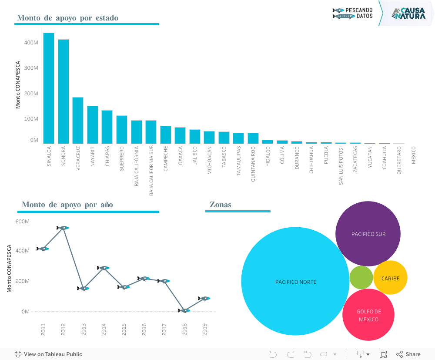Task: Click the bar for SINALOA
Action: coord(49,88)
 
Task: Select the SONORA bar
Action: coord(64,91)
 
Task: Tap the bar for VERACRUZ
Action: coord(78,121)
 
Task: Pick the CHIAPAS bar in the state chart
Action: coord(107,127)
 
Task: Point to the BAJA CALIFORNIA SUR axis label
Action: coord(151,171)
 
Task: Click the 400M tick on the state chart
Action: coord(31,43)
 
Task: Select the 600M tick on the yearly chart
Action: coord(22,222)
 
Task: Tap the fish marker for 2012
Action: coord(63,228)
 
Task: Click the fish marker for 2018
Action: coord(184,310)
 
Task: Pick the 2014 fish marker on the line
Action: coord(104,268)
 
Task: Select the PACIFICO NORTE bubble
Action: coord(295,281)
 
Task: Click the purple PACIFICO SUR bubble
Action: coord(368,234)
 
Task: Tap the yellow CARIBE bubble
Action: coord(390,278)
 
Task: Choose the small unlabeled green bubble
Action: coord(361,278)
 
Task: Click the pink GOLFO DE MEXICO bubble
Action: coord(368,315)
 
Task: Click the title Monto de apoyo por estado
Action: coord(67,18)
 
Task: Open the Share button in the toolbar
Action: coord(408,354)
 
